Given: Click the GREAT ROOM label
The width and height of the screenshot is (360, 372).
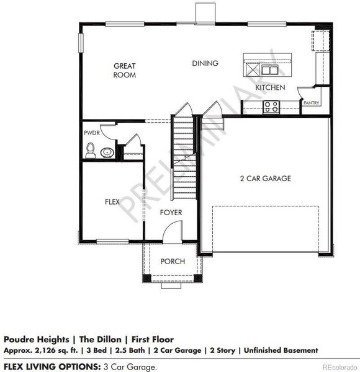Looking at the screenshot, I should tap(124, 70).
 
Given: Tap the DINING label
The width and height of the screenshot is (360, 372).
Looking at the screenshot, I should tap(205, 63).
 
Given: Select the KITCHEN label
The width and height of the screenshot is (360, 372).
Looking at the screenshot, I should tap(271, 87).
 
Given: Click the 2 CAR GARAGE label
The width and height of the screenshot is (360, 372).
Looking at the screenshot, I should tap(266, 179).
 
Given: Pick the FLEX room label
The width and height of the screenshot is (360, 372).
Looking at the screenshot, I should tap(112, 201).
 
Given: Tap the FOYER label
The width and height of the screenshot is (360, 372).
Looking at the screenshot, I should tap(171, 213).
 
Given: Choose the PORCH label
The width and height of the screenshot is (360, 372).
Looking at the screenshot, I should tap(173, 261).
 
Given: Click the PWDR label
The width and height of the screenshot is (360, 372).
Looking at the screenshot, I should tap(91, 133).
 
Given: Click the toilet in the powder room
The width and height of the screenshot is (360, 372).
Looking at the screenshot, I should tap(91, 149).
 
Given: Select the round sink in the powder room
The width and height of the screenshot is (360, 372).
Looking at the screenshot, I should tap(107, 151).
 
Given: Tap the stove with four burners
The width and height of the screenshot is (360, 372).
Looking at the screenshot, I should tap(271, 107).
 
